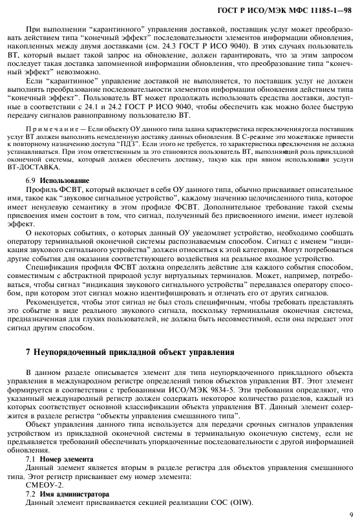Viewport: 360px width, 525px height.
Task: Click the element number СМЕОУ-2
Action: click(x=45, y=484)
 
